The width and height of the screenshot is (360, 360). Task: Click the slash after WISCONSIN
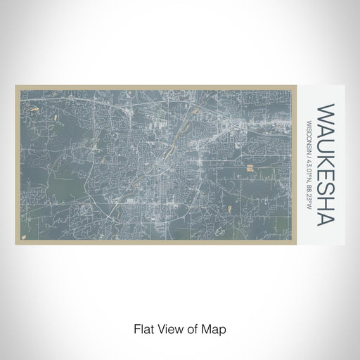[309, 157]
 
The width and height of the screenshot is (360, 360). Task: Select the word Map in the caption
[214, 329]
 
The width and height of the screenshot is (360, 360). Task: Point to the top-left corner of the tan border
[15, 86]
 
